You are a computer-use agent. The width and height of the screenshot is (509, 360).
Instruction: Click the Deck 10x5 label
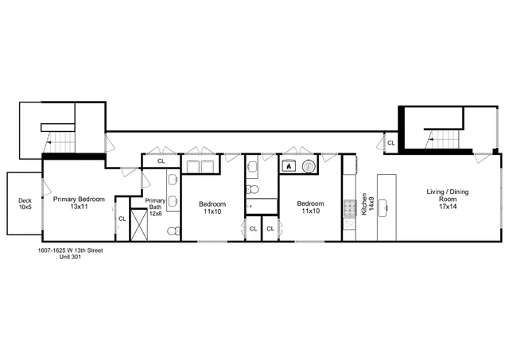pos(25,203)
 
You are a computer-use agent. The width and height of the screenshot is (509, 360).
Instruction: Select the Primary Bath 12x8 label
pos(155,205)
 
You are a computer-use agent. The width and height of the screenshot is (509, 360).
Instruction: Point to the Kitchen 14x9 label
pos(365,203)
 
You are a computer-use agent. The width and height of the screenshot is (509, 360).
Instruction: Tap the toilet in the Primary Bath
pos(173,230)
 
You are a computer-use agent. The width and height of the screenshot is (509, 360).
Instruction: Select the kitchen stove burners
pos(348,208)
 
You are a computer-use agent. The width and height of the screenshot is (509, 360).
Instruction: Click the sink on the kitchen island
pos(386,209)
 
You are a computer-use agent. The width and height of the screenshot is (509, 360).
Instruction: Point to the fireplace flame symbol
pos(288,167)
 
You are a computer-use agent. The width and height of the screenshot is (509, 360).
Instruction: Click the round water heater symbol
pos(309,167)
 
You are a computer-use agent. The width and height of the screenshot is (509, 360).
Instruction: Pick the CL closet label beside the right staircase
pos(390,143)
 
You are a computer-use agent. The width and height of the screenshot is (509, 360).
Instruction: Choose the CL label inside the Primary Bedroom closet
pos(122,219)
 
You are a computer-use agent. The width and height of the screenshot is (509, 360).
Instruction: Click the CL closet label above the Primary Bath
pos(161,161)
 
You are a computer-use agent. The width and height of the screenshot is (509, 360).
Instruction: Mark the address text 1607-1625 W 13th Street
pos(71,250)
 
